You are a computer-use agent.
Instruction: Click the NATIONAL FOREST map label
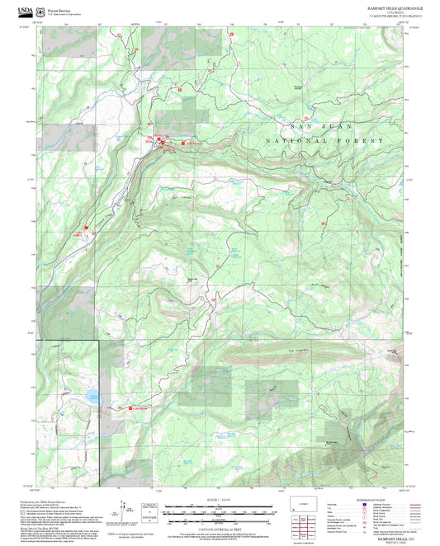[324, 141]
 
